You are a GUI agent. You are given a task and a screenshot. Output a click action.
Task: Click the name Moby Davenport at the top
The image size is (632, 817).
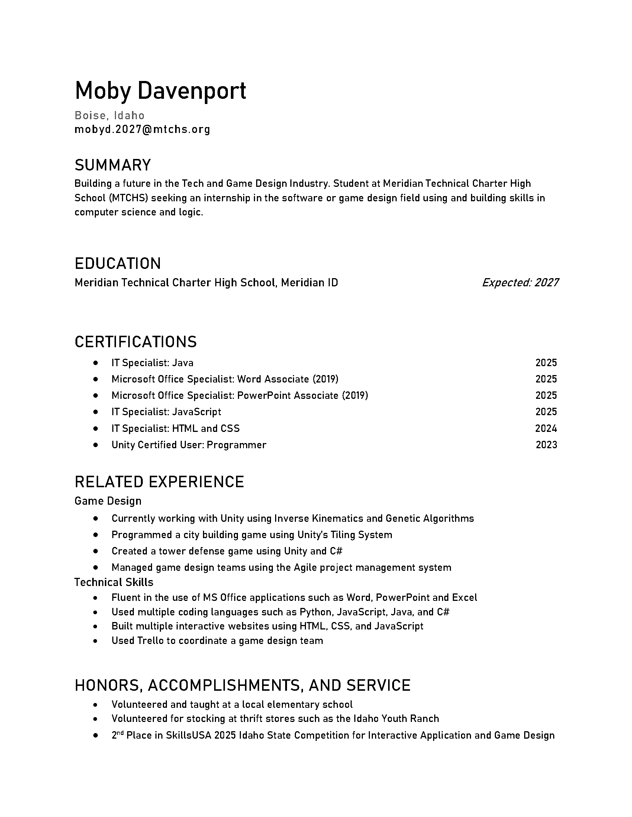coord(160,91)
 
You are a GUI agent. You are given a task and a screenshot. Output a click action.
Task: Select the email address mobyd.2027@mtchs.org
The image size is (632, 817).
coord(142,130)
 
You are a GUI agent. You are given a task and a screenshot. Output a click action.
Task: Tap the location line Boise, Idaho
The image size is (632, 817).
coord(109,115)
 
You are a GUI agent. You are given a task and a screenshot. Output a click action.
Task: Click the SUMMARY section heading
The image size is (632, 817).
coord(113,165)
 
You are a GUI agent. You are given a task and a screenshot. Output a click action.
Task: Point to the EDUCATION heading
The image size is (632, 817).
coord(117,264)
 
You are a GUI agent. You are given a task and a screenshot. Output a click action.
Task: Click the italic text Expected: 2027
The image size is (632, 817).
coord(520,283)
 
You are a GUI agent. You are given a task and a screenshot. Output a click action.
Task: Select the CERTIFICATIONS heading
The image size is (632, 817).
coord(136,342)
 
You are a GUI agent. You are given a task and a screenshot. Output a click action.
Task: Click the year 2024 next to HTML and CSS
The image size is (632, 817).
coord(546,428)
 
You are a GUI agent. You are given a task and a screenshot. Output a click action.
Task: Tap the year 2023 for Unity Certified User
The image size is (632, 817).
coord(546,445)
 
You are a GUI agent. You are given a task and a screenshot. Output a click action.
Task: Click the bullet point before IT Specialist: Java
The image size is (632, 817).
coord(96,363)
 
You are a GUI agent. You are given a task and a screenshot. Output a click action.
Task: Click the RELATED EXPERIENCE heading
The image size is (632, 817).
coord(159,482)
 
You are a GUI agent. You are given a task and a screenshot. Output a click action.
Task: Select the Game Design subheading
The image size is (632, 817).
coord(108,501)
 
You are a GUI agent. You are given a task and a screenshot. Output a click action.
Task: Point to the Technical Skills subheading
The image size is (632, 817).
coord(114,582)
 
